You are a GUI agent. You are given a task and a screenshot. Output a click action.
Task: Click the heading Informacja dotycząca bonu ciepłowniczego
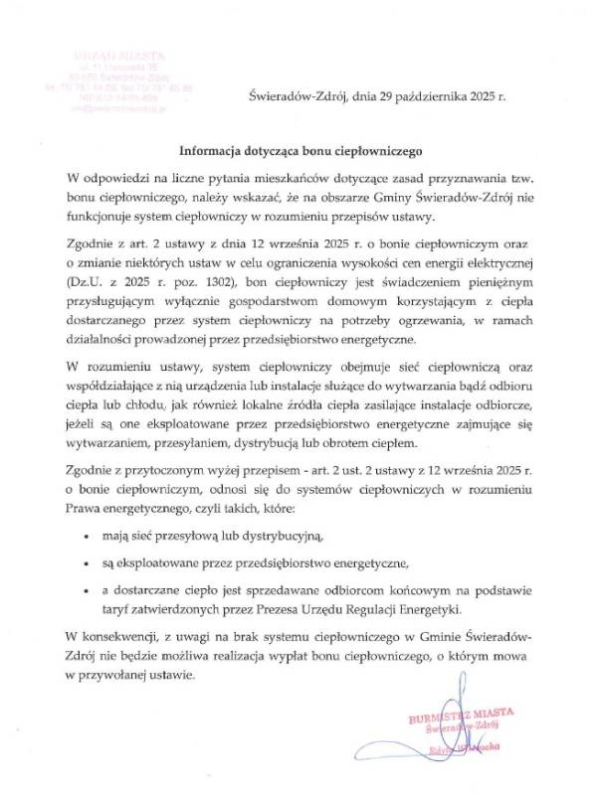pyautogui.click(x=300, y=153)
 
